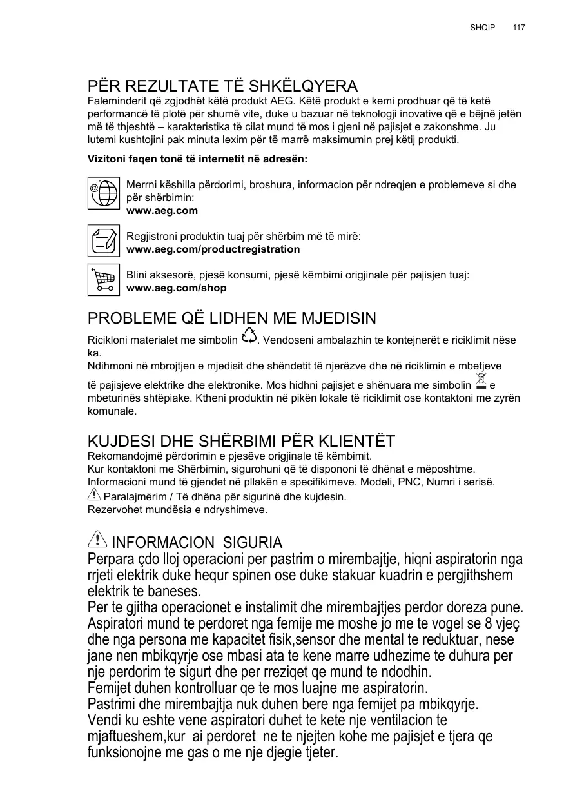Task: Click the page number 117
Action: click(519, 28)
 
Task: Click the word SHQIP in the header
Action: click(483, 28)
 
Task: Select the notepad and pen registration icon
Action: click(104, 240)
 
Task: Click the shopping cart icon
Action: click(104, 279)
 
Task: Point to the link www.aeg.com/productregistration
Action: click(213, 249)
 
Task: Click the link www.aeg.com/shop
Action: click(176, 288)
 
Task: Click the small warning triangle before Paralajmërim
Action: click(93, 495)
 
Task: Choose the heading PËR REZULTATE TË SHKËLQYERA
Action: click(222, 86)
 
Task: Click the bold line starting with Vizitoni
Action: click(197, 159)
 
